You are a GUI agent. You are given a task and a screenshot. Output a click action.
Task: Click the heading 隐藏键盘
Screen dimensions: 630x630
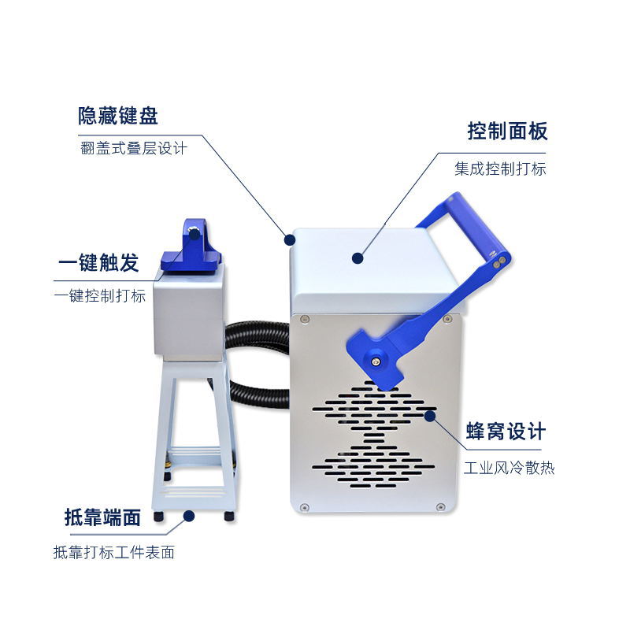(118, 116)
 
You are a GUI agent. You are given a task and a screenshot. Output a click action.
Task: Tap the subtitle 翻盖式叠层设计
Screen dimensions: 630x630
(134, 148)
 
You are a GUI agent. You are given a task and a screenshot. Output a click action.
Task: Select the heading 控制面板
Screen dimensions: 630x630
(507, 131)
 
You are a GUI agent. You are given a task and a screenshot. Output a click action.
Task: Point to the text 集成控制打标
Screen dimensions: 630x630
(500, 169)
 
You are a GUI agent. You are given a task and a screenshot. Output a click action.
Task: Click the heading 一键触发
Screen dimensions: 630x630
(99, 263)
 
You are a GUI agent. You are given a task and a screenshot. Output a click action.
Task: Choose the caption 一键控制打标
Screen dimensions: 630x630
(100, 296)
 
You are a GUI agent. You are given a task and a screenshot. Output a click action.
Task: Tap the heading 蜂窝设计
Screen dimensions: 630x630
(506, 432)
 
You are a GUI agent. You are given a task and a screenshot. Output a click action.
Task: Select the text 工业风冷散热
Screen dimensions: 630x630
(509, 468)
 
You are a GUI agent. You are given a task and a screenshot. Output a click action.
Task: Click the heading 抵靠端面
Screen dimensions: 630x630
(103, 517)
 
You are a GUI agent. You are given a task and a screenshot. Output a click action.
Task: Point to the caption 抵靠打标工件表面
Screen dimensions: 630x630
(114, 553)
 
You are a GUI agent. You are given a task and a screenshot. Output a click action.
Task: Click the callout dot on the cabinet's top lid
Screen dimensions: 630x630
(358, 258)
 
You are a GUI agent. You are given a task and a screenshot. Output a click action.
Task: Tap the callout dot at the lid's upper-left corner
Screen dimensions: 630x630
(290, 240)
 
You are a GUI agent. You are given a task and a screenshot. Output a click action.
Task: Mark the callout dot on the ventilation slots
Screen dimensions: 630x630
(430, 416)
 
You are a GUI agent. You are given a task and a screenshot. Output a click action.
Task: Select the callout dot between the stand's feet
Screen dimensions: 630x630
(189, 516)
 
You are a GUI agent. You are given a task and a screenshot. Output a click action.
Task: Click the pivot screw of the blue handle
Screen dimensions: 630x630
(376, 361)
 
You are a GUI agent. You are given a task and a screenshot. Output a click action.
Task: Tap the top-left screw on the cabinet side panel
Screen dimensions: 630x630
(305, 319)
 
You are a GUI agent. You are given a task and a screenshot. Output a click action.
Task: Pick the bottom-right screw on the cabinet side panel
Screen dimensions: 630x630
(440, 506)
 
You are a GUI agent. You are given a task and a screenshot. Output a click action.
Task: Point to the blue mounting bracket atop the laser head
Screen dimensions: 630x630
(192, 246)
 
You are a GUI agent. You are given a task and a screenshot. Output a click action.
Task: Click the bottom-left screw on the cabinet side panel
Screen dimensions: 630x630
(305, 507)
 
